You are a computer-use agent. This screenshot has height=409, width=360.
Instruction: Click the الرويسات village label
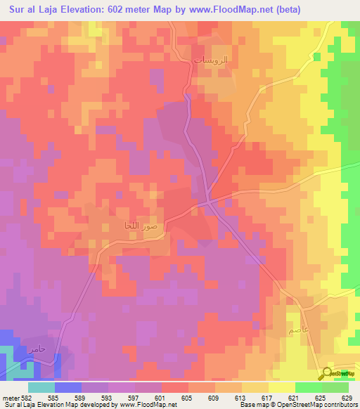(x=210, y=61)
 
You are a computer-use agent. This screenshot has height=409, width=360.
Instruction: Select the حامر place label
(x=37, y=349)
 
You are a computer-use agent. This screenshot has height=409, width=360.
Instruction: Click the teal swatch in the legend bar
(x=41, y=387)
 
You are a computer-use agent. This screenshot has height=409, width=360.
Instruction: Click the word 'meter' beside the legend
(x=11, y=398)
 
